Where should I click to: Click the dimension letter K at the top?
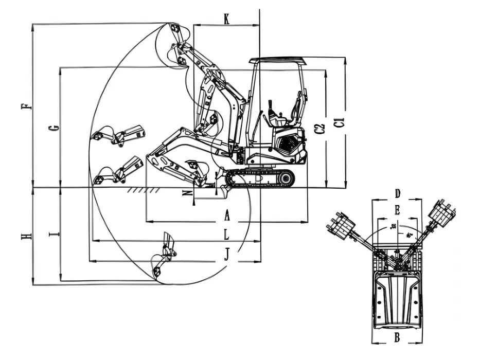tap(227, 19)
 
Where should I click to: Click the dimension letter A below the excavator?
tap(227, 217)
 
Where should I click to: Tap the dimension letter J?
tap(227, 254)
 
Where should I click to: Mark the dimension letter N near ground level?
tap(188, 193)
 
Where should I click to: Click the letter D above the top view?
tap(397, 194)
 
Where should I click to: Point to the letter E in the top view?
tap(397, 210)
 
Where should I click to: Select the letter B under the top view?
tap(397, 337)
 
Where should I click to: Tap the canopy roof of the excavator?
tap(278, 61)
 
